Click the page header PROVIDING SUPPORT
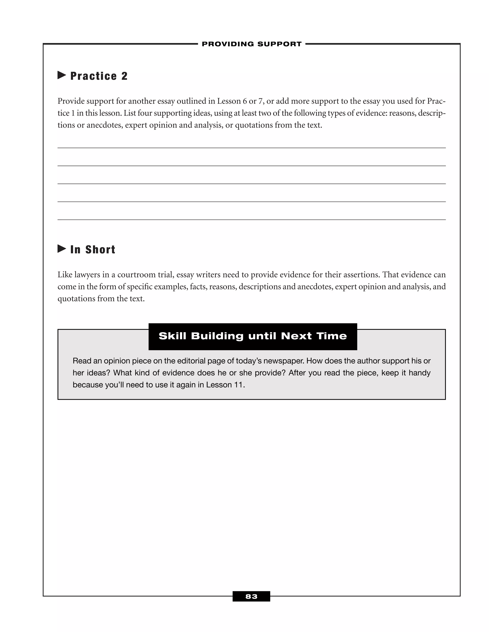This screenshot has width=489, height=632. pos(251,44)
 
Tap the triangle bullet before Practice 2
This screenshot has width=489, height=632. pos(61,75)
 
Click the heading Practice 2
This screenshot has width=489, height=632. pos(99,76)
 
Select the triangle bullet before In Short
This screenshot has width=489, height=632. pos(61,249)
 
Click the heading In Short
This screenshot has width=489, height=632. pos(93,249)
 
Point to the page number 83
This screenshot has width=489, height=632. pos(251,596)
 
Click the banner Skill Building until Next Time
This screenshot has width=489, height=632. pos(253,336)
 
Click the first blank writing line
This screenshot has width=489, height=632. pos(251,148)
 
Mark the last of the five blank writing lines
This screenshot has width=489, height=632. pos(251,219)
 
